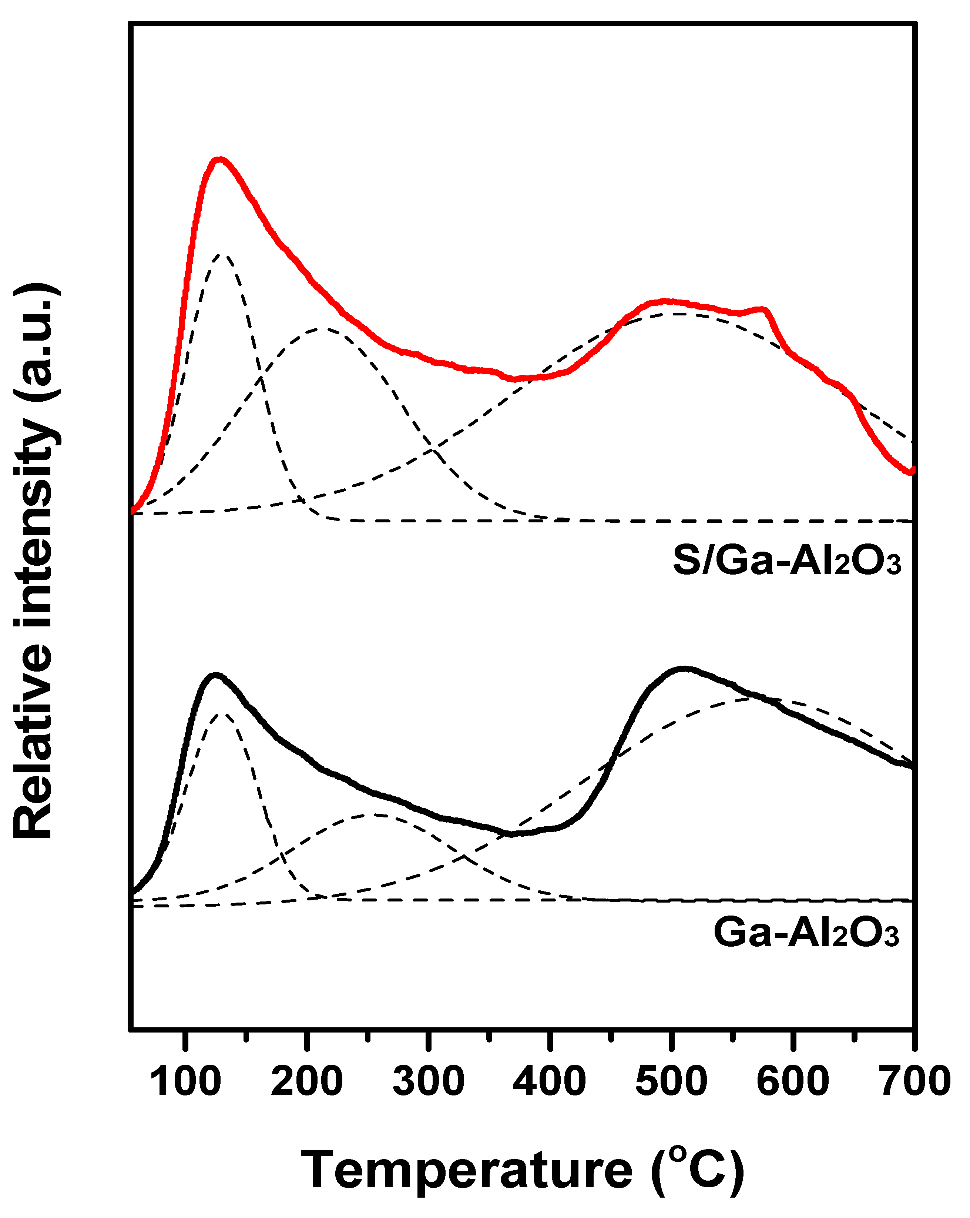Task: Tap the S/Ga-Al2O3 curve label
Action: pos(786,561)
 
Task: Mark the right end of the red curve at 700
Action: pos(911,471)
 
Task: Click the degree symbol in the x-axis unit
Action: pos(679,1154)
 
